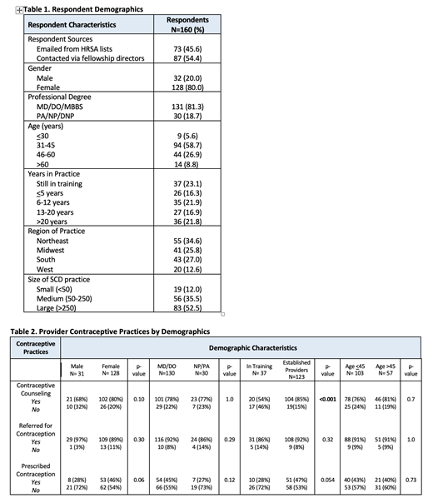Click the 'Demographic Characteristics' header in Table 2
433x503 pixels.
pos(242,346)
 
